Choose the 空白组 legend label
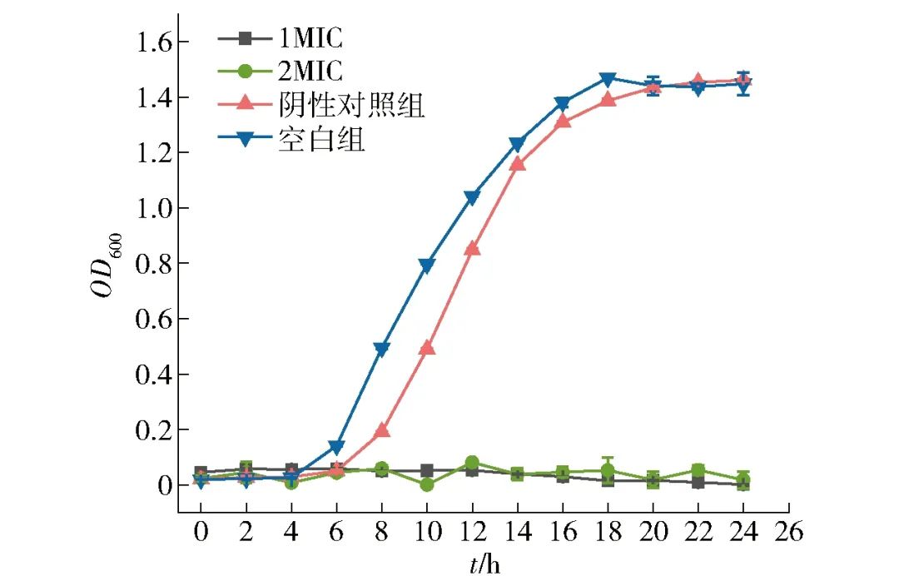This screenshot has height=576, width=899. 321,140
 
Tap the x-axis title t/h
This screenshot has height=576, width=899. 484,564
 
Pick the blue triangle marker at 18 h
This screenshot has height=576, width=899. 608,79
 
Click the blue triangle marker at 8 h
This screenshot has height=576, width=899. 382,350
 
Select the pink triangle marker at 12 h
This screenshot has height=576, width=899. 472,248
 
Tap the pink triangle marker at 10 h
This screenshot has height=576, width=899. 427,347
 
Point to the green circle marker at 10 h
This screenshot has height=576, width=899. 427,484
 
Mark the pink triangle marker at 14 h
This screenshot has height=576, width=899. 518,163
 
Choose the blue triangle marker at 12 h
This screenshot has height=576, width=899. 472,198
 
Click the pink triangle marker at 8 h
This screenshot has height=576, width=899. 382,430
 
